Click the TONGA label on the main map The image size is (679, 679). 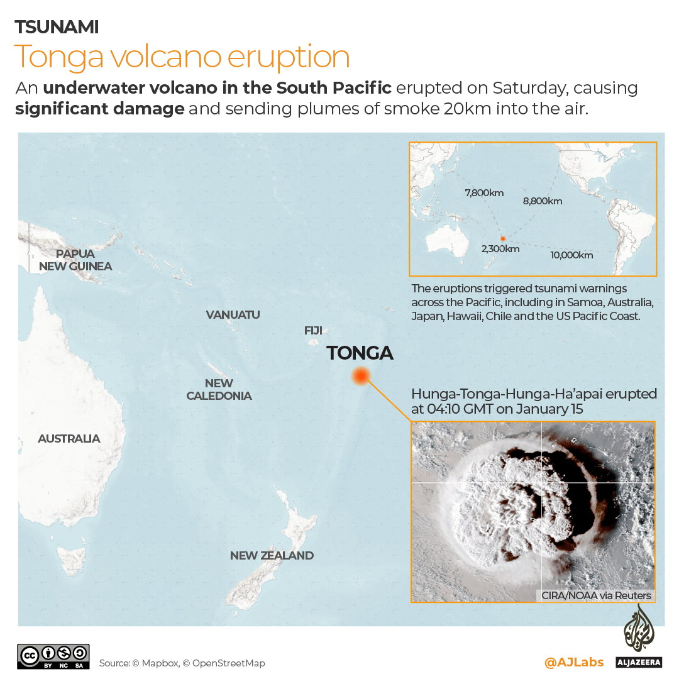[360, 353]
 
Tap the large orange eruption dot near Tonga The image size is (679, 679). [360, 377]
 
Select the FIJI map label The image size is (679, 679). [313, 330]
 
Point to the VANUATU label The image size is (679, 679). [233, 314]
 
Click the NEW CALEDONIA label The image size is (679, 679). [219, 389]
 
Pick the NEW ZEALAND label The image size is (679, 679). [272, 555]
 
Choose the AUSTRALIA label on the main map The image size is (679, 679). [69, 438]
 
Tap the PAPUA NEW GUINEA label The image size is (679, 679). [75, 260]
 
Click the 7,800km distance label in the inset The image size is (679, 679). [484, 193]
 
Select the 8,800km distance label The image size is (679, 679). [543, 201]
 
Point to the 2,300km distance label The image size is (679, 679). [500, 249]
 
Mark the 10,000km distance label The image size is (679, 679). [571, 255]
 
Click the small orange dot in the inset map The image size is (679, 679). [503, 239]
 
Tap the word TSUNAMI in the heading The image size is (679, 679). [57, 27]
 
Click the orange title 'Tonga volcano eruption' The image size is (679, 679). [182, 57]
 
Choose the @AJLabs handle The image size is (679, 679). [573, 662]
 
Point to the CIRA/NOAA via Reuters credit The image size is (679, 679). [596, 595]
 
